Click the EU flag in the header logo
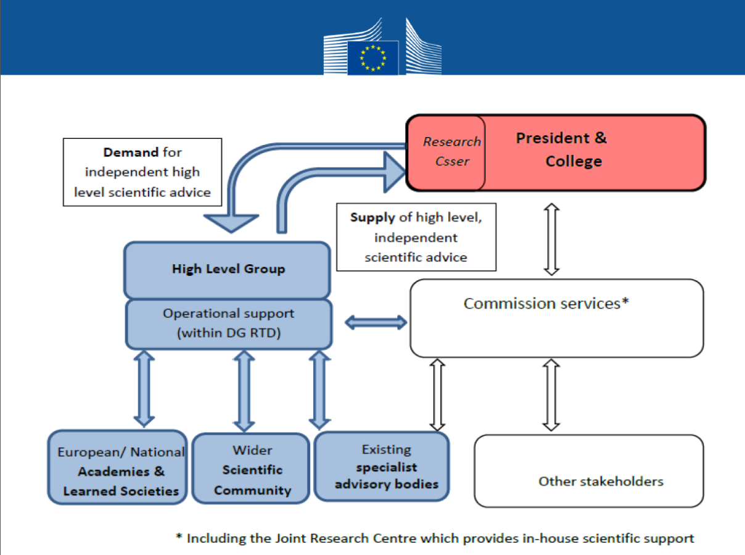[x=372, y=58]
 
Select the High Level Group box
[x=228, y=269]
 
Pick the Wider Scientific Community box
[x=252, y=470]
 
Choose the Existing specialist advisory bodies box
[x=382, y=467]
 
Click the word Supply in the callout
[x=372, y=217]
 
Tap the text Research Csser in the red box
[x=451, y=151]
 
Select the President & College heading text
[x=561, y=149]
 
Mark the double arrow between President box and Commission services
[x=551, y=239]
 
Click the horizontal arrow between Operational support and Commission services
[x=376, y=322]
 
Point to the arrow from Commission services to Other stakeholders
[x=551, y=395]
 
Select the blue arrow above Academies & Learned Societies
[x=144, y=388]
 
